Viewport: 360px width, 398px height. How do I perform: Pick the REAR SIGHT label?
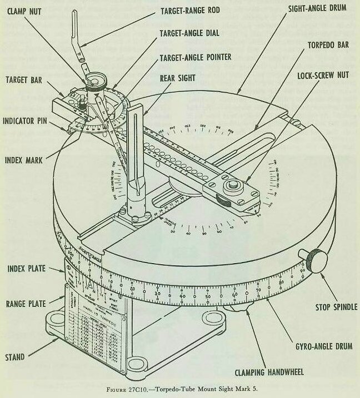point(181,78)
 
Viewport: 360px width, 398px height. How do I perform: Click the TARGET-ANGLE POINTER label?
point(195,57)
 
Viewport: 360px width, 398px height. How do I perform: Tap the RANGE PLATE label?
point(26,304)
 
